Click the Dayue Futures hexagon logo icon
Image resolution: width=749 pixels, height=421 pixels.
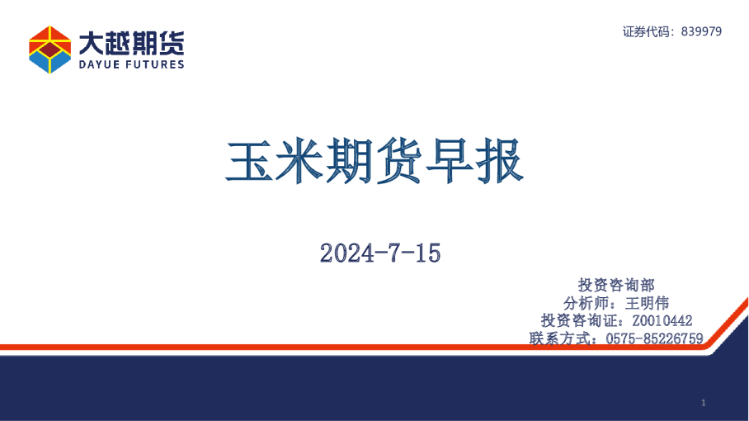[x=49, y=50]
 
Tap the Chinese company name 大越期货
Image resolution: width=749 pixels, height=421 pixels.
[x=132, y=41]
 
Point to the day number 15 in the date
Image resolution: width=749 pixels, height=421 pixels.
[x=427, y=253]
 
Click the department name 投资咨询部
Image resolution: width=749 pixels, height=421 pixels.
[x=617, y=285]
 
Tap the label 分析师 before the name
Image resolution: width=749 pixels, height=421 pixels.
[x=588, y=303]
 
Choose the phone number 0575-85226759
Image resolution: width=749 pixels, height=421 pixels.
[x=654, y=338]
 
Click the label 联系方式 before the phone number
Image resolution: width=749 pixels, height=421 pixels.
[x=560, y=338]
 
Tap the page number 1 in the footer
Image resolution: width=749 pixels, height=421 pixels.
[x=703, y=403]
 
